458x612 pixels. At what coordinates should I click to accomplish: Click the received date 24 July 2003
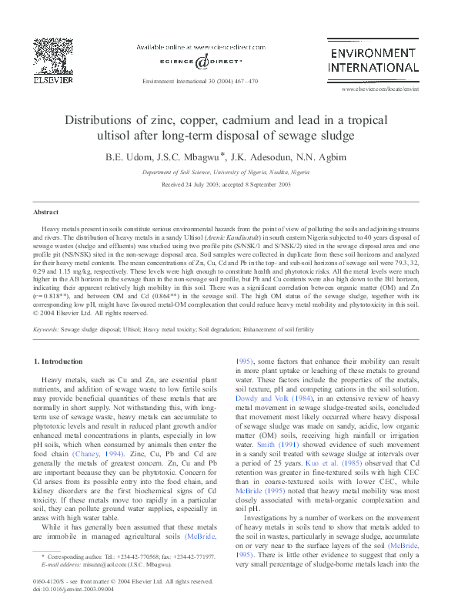coord(203,186)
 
